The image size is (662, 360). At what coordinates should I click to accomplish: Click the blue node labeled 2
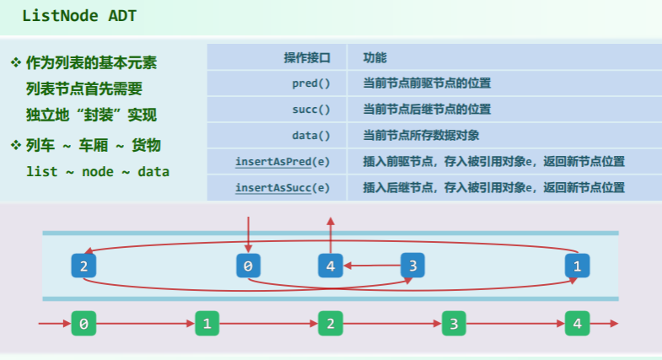pyautogui.click(x=83, y=266)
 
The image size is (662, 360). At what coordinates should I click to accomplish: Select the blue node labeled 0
pyautogui.click(x=248, y=266)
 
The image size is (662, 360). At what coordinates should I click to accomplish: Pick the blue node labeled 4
pyautogui.click(x=330, y=266)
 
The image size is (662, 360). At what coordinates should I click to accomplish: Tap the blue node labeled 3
pyautogui.click(x=412, y=266)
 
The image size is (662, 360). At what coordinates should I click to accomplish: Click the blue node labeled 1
pyautogui.click(x=577, y=266)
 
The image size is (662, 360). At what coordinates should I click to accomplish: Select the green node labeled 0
pyautogui.click(x=83, y=324)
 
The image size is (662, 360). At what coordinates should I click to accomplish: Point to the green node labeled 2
pyautogui.click(x=330, y=324)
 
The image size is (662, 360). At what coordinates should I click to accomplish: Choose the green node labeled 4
pyautogui.click(x=577, y=324)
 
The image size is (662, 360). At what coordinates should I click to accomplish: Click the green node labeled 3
pyautogui.click(x=454, y=324)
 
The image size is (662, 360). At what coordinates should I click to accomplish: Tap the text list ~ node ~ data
pyautogui.click(x=97, y=171)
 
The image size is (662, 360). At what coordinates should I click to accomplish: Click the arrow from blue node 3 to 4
pyautogui.click(x=371, y=266)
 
